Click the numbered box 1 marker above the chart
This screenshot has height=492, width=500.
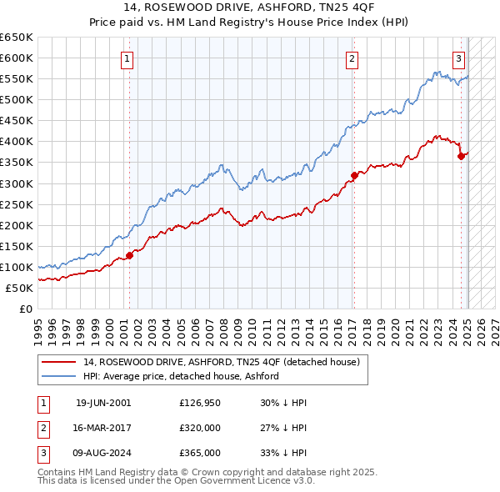coord(127,58)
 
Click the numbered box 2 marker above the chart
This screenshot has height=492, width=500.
coord(352,58)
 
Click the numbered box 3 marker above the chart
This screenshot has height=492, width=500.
coord(458,58)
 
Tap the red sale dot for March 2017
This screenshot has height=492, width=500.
coord(354,175)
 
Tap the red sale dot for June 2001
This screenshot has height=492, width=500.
coord(130,255)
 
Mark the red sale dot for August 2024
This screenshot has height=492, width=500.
coord(461,156)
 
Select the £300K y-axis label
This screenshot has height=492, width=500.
coord(16,183)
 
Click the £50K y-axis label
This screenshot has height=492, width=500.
coord(19,288)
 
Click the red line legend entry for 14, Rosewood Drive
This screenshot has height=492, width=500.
coord(221,362)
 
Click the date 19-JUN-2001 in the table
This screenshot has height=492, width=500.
coord(103,403)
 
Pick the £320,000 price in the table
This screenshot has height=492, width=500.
coord(199,428)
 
